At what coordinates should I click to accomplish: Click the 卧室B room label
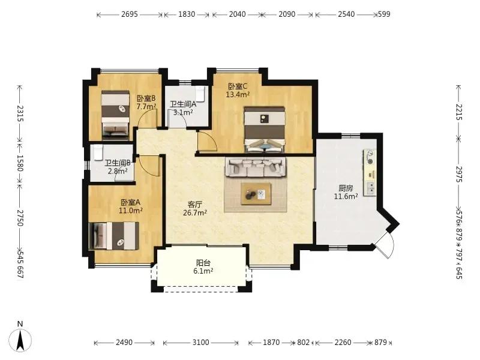(x=146, y=98)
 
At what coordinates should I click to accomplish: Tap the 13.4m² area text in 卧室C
(x=238, y=95)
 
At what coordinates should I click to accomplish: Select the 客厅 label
(x=194, y=205)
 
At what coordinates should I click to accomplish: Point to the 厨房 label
(x=346, y=188)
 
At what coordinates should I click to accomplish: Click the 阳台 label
(x=203, y=263)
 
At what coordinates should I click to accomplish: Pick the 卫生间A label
(x=183, y=104)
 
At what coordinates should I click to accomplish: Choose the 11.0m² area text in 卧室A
(x=131, y=211)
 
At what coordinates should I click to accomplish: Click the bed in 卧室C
(x=265, y=129)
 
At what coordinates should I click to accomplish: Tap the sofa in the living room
(x=256, y=167)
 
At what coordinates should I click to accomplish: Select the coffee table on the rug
(x=256, y=194)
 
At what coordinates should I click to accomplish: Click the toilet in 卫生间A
(x=200, y=94)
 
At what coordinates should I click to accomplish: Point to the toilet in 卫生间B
(x=98, y=152)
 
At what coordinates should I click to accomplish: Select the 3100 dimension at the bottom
(x=201, y=342)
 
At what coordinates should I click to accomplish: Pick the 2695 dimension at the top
(x=130, y=14)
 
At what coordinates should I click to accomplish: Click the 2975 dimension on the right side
(x=458, y=174)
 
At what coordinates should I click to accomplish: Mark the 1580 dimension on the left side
(x=20, y=163)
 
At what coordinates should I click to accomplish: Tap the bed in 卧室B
(x=115, y=115)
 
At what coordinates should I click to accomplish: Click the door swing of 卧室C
(x=207, y=142)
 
